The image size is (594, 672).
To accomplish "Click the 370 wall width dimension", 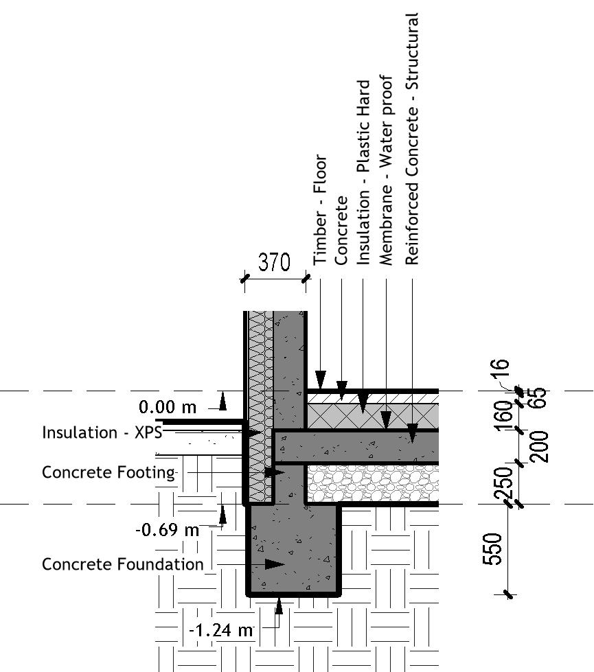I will pos(274,263).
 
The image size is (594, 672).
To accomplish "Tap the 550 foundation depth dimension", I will pos(494,549).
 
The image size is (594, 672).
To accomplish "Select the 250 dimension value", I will pos(504,483).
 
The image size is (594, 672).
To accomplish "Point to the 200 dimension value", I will pos(539,446).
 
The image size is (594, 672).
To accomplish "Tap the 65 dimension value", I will pos(539,398).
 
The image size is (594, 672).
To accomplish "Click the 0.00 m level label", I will pos(168,408).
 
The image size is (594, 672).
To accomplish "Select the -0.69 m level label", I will pos(167,530).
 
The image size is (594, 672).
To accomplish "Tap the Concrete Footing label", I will pos(108,472).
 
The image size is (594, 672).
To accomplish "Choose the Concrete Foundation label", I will pos(123,564).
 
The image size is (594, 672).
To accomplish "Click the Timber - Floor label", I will pos(321,210).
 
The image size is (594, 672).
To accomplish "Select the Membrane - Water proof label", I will pos(387,170).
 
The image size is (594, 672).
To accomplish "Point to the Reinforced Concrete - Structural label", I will pos(412,138).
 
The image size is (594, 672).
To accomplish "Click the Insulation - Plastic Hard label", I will pos(364,172).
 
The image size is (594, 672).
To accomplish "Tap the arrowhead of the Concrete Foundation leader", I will pos(275,564).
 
